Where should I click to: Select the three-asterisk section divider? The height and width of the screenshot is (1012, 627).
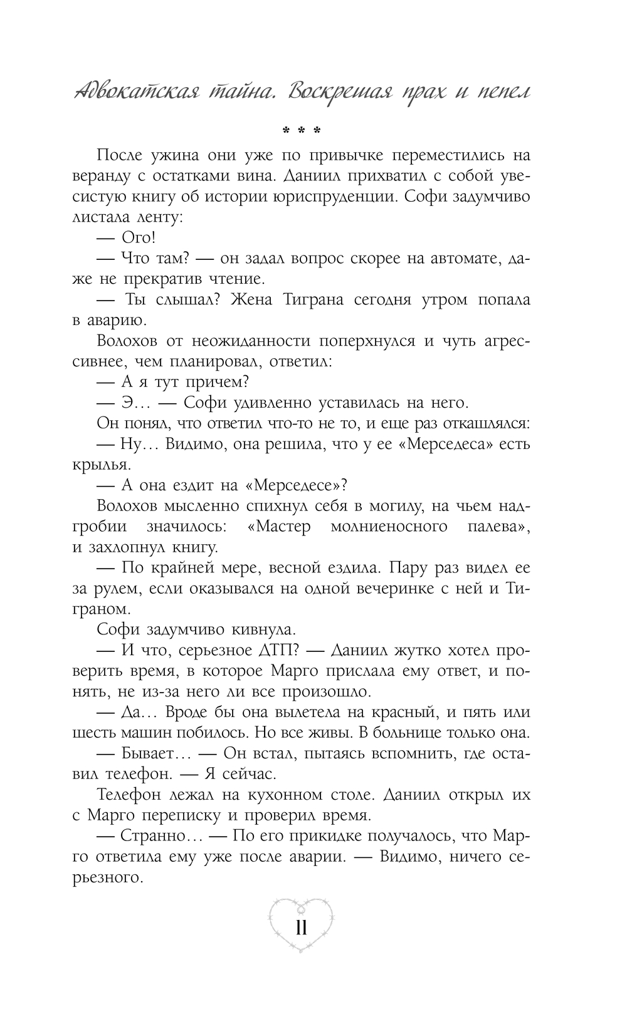tap(302, 131)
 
